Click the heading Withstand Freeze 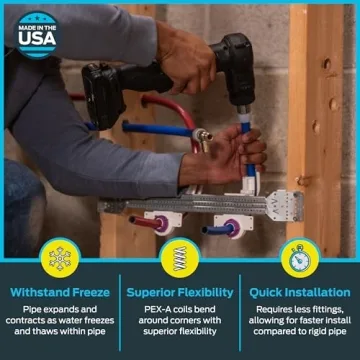point(60,292)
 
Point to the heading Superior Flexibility point(180,292)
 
